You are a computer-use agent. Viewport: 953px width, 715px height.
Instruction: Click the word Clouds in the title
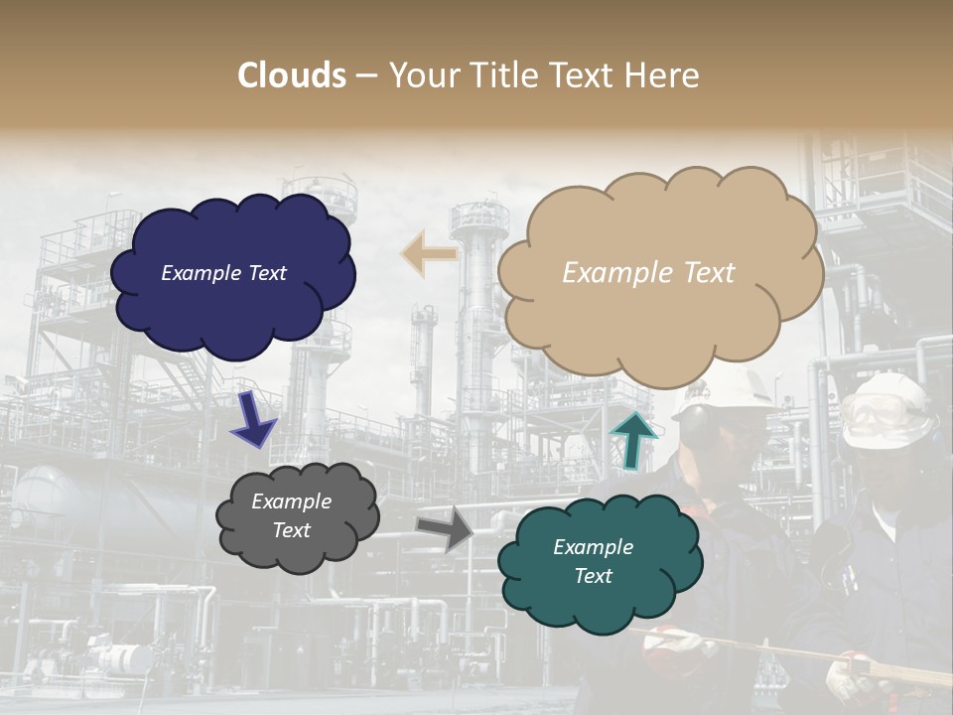(292, 75)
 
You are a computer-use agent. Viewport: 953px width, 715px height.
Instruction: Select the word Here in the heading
(663, 75)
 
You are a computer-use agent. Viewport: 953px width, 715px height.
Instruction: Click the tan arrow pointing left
(428, 254)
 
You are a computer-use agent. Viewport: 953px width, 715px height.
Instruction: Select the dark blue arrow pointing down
(253, 419)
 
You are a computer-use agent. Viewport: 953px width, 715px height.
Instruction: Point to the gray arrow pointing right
(444, 529)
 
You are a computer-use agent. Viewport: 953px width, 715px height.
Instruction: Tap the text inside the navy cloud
(223, 273)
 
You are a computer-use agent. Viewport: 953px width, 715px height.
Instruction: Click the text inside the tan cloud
(648, 273)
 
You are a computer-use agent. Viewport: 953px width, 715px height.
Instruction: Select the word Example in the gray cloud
(291, 501)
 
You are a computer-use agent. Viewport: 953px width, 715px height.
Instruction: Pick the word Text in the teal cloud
(593, 576)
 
